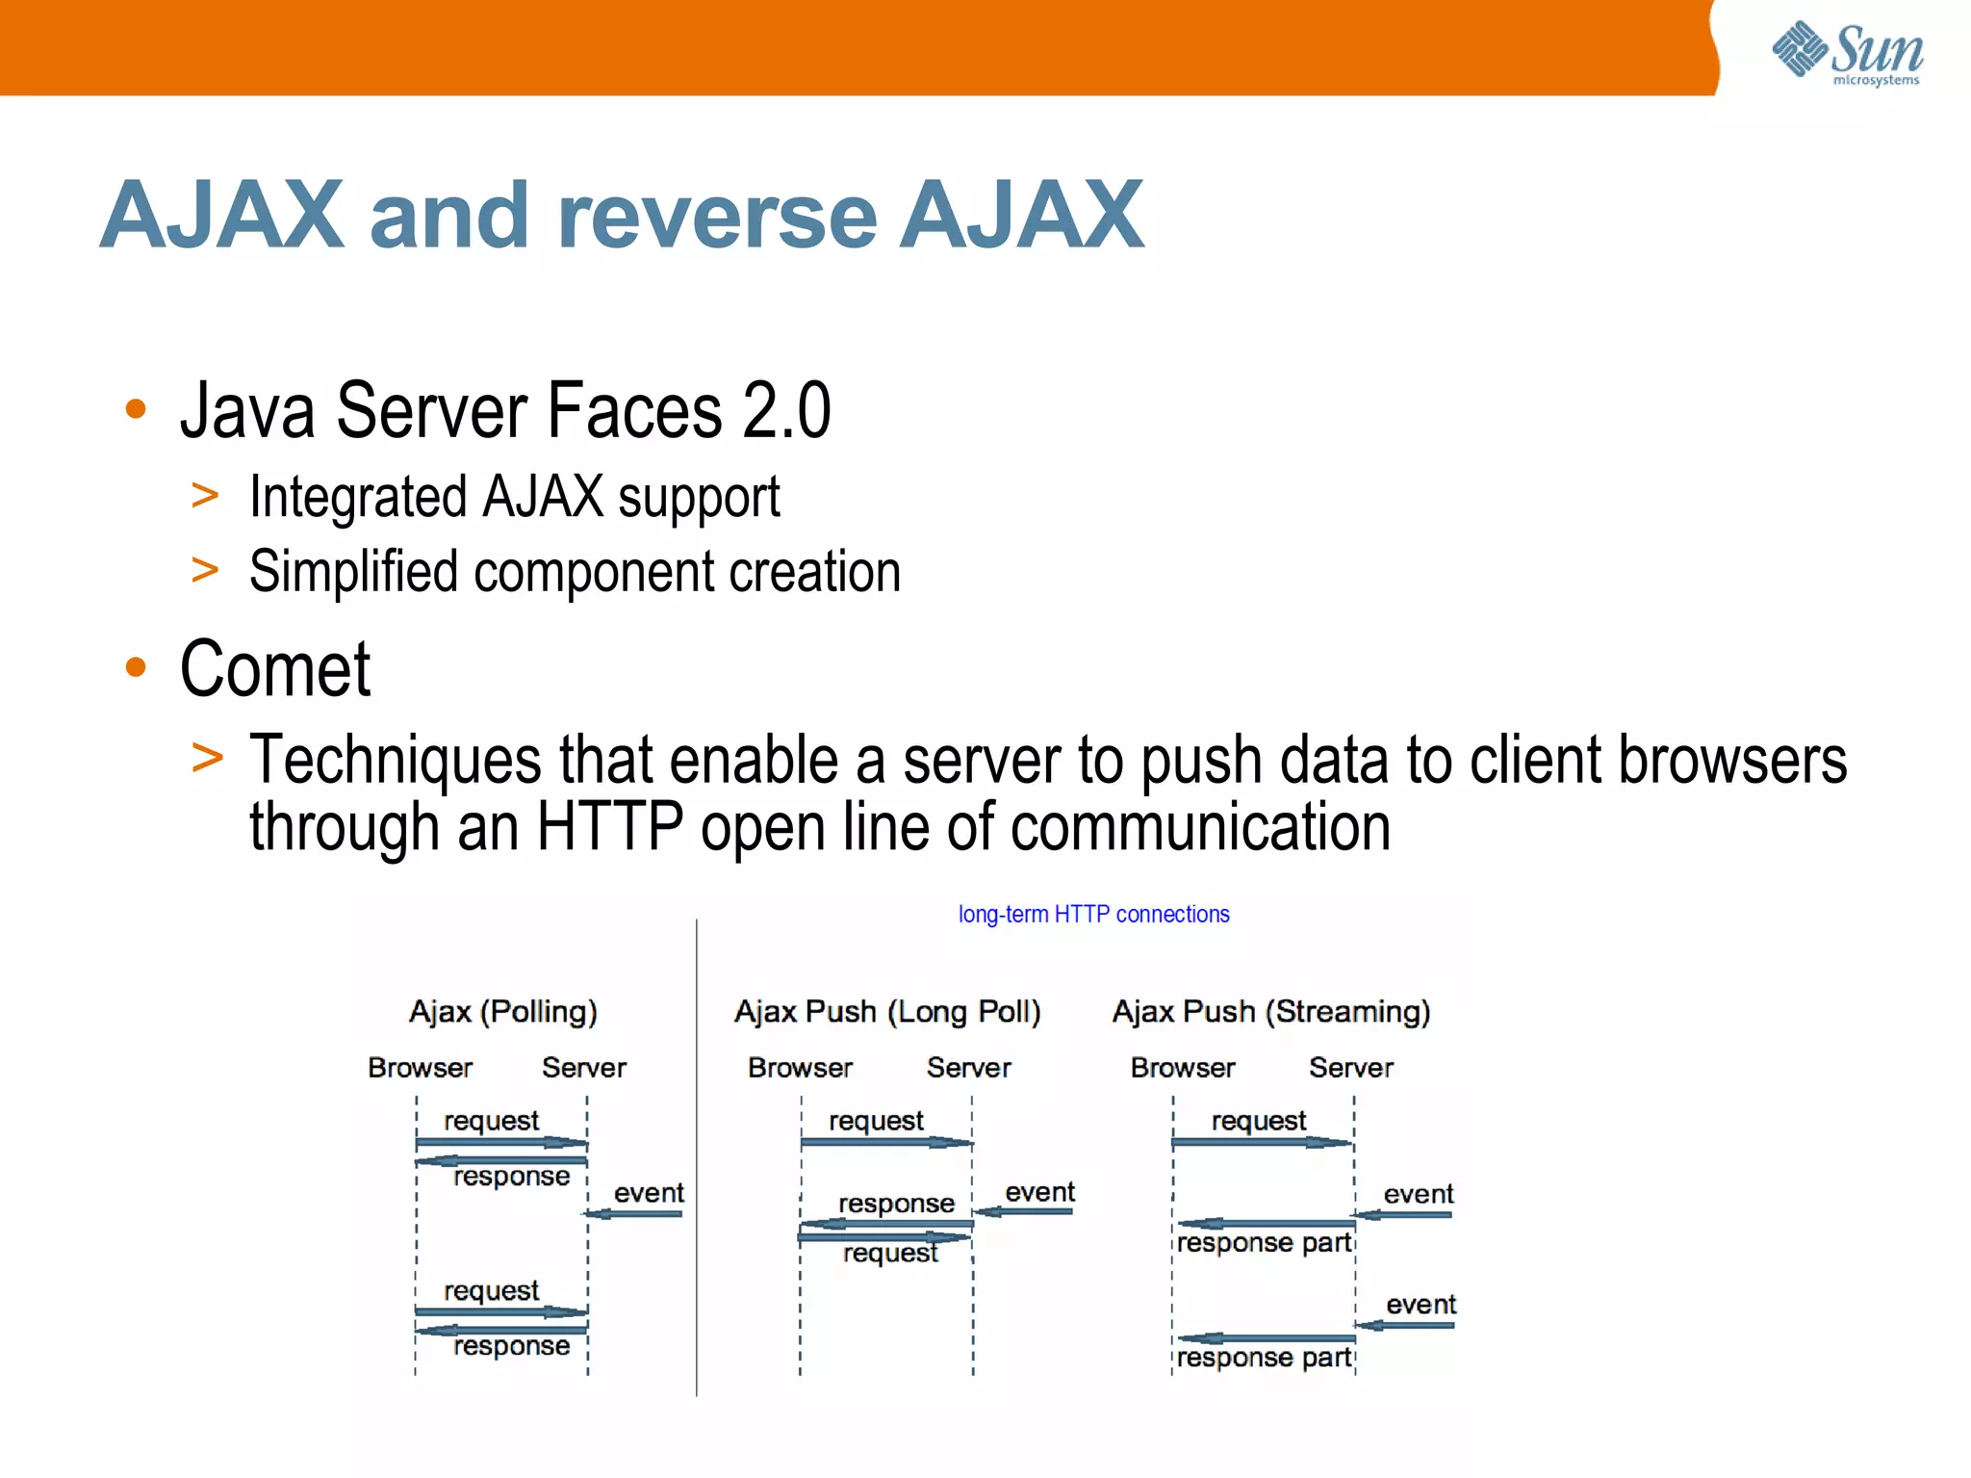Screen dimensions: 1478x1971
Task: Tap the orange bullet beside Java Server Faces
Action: (136, 409)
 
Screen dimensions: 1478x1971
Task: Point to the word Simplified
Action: (352, 571)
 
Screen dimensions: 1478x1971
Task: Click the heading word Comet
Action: (275, 669)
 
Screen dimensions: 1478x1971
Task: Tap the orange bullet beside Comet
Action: (136, 666)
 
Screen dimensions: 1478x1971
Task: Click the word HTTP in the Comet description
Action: (608, 828)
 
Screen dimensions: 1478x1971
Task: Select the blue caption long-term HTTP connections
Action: (1093, 914)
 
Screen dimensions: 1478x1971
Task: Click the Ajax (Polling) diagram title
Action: (502, 1011)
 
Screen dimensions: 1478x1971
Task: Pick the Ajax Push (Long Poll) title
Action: (886, 1011)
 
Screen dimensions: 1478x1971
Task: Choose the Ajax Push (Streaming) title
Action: (1270, 1011)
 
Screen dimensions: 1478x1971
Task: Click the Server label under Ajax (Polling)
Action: (583, 1067)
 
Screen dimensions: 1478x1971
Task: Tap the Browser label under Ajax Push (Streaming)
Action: (1182, 1067)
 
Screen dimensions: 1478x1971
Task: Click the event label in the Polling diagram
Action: (649, 1193)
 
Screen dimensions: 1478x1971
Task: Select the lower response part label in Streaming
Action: (1263, 1358)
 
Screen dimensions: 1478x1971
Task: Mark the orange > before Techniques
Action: (206, 758)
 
